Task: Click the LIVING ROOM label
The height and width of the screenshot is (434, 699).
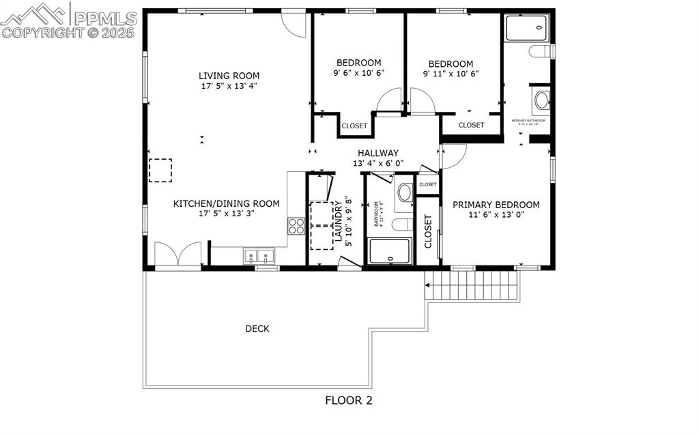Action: [x=229, y=76]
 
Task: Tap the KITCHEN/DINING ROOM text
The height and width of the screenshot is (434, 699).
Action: [x=226, y=203]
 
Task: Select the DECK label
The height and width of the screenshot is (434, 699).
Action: [x=257, y=329]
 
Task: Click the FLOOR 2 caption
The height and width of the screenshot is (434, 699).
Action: [x=348, y=401]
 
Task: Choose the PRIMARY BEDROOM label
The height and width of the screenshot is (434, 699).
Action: [x=496, y=205]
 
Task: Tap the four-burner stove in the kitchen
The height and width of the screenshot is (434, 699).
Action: [x=296, y=226]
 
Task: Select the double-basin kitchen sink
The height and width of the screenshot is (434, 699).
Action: [x=259, y=257]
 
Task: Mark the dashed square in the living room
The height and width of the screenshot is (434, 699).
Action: [x=160, y=170]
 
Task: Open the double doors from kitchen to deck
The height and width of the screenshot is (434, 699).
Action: [x=177, y=255]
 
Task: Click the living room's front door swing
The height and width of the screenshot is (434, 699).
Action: [x=294, y=23]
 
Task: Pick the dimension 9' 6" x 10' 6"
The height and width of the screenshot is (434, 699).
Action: [x=358, y=73]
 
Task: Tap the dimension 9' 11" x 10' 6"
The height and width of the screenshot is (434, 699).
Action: [x=451, y=74]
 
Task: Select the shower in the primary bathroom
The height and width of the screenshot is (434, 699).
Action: [x=526, y=28]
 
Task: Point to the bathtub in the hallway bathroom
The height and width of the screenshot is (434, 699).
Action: [x=389, y=251]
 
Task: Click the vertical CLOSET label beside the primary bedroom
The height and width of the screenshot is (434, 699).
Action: [x=428, y=231]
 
